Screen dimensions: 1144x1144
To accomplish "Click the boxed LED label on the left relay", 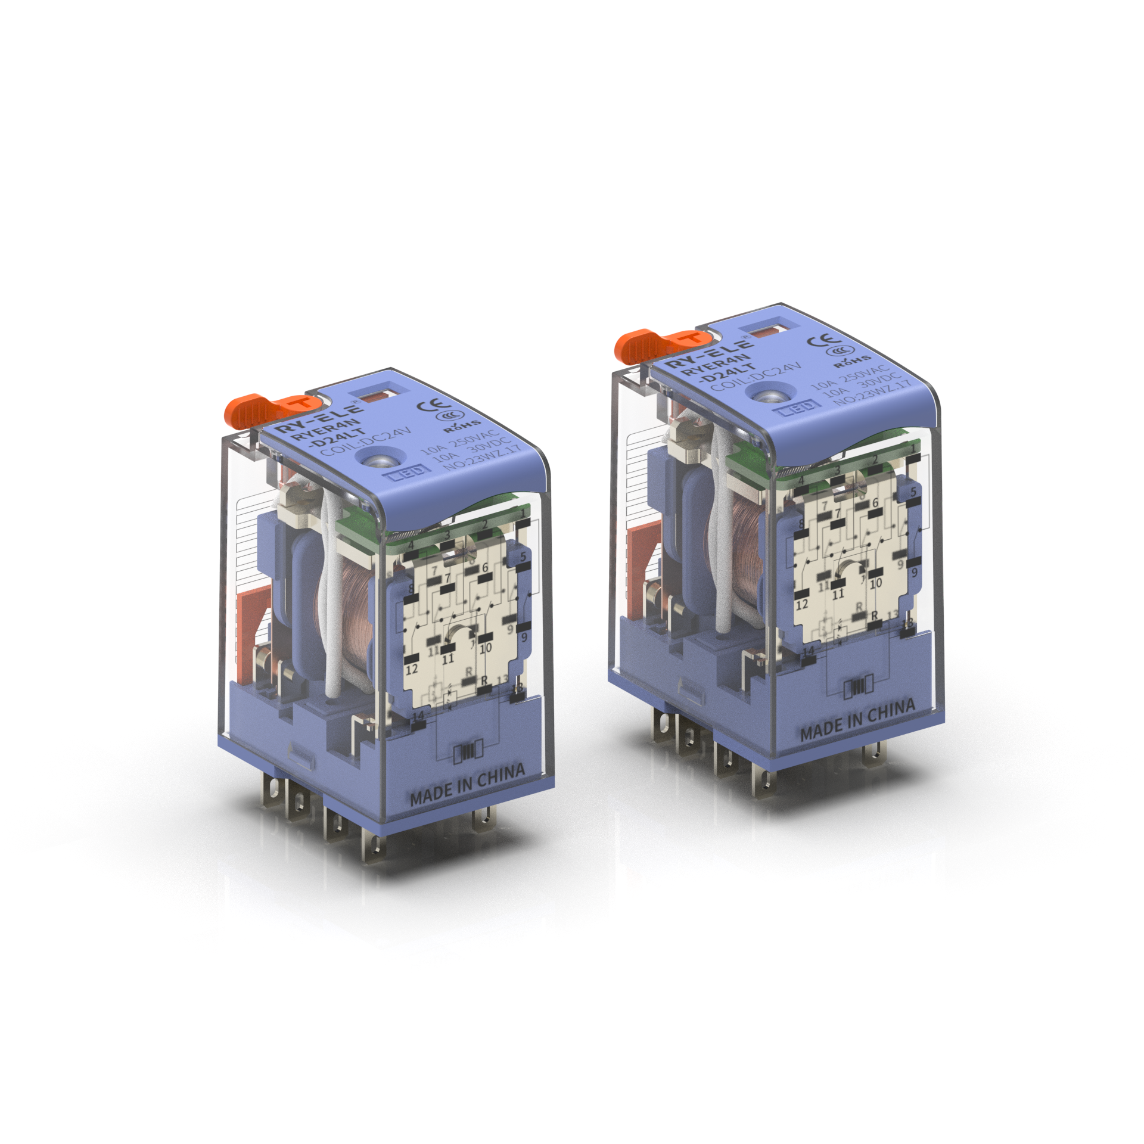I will pyautogui.click(x=409, y=472).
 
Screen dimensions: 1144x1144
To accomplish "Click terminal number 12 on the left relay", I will pyautogui.click(x=412, y=669).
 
